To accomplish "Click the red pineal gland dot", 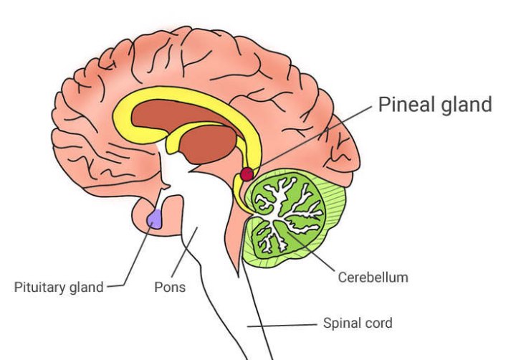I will point(247,174).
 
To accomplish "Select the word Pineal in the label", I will point(404,105).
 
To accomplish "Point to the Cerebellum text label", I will point(373,275).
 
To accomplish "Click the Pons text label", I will point(170,288).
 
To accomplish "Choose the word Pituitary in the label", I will point(40,288).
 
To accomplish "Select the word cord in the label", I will point(381,323).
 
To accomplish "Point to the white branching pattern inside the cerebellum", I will point(283,208).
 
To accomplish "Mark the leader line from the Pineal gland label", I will point(315,136).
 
